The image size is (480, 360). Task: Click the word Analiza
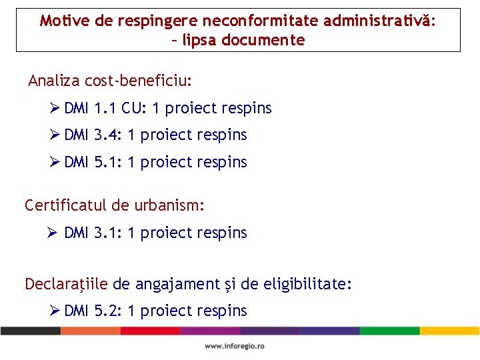click(x=54, y=81)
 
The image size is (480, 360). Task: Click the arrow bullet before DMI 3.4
click(x=55, y=135)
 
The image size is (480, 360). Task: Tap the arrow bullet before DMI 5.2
click(x=55, y=311)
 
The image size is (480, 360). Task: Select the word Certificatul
click(x=63, y=205)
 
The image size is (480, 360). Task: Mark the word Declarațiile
click(x=66, y=285)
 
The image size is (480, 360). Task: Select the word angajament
click(x=174, y=285)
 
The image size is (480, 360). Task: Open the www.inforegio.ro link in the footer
click(x=235, y=346)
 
